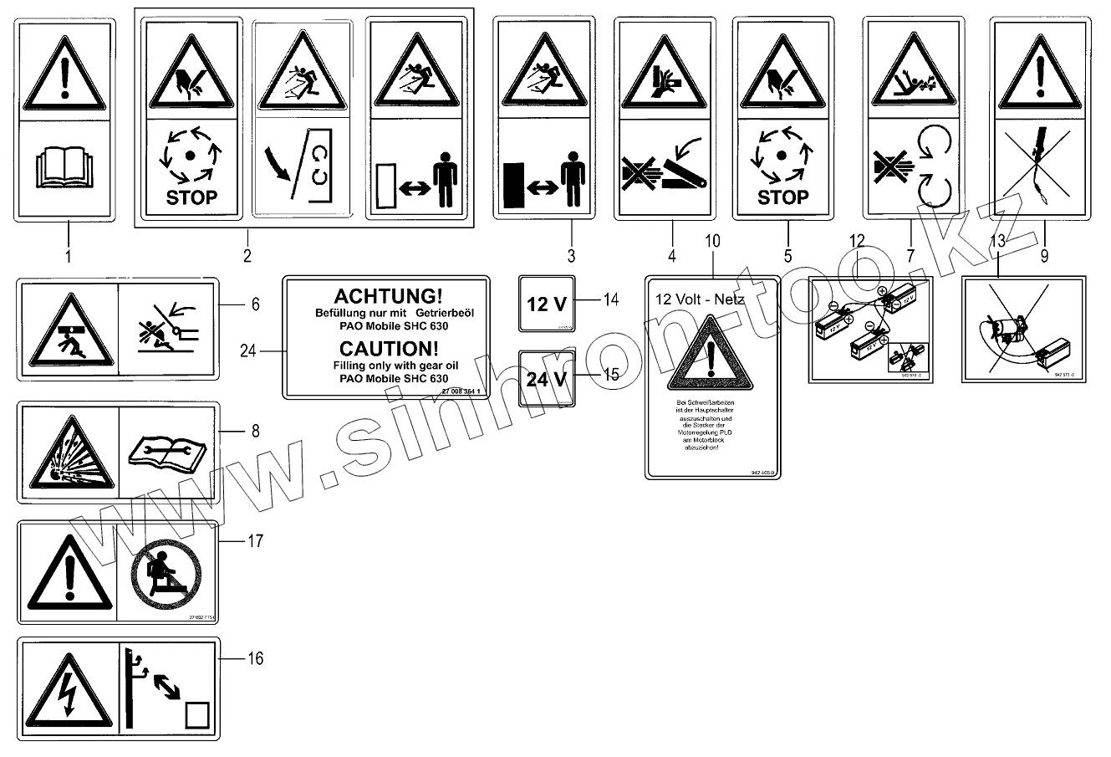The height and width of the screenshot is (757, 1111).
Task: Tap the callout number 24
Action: [x=247, y=351]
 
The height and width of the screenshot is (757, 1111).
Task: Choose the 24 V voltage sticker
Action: [x=546, y=378]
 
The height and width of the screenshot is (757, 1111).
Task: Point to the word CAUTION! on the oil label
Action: [x=386, y=348]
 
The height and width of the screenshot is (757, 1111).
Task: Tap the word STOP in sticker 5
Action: [x=782, y=197]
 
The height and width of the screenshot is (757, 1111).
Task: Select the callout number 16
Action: [x=255, y=659]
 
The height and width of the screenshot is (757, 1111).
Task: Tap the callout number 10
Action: [x=712, y=242]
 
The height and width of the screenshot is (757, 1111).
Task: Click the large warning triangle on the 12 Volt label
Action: [x=711, y=355]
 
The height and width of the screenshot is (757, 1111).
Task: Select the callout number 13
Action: [x=998, y=242]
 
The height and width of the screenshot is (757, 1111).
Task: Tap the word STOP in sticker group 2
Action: [x=192, y=198]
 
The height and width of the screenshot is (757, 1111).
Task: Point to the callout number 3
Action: [x=571, y=254]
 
